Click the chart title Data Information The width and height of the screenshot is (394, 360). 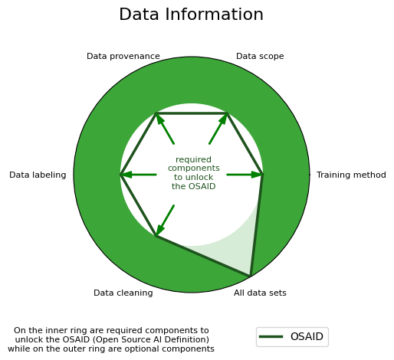point(191,15)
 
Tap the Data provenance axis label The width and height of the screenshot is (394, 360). point(123,56)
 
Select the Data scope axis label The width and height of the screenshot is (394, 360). point(260,56)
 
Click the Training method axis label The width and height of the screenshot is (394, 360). point(351,175)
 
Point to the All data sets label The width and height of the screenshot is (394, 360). point(260,293)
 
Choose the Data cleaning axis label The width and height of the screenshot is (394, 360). point(123,293)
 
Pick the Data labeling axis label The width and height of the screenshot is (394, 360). point(38,175)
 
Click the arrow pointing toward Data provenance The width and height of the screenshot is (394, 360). point(165,129)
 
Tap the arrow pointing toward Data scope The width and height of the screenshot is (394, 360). point(218,129)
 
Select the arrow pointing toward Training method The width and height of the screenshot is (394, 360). point(245,175)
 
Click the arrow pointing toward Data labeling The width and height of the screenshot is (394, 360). point(138,175)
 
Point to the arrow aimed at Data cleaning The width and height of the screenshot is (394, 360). point(165,221)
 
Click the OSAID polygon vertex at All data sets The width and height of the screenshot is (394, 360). point(251,276)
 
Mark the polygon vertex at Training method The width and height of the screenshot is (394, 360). point(263,175)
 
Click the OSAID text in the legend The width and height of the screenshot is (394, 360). point(307,336)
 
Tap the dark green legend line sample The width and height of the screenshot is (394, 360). point(271,336)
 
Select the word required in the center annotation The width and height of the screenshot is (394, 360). point(193,160)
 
